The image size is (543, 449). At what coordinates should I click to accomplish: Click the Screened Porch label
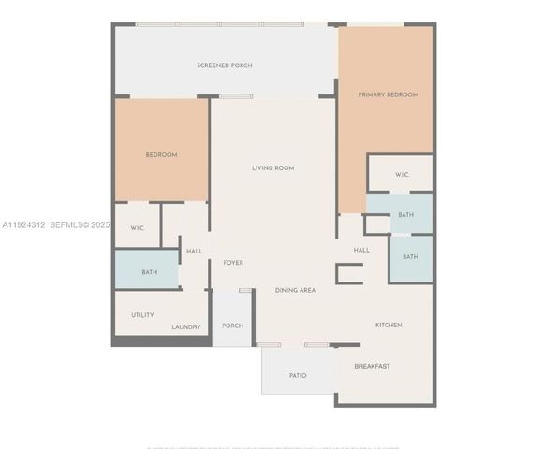[x=224, y=65]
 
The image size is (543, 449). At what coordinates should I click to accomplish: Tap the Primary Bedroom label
[x=389, y=94]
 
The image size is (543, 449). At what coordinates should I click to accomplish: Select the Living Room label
[x=272, y=168]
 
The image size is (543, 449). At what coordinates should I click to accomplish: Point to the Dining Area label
[x=295, y=291]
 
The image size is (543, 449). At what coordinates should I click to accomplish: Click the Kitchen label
[x=389, y=325]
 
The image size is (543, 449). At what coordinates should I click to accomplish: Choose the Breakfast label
[x=372, y=366]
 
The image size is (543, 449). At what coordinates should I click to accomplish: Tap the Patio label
[x=298, y=375]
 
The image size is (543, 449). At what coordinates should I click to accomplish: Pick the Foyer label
[x=233, y=263]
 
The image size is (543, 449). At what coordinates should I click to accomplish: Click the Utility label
[x=142, y=315]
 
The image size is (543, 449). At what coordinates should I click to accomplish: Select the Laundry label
[x=185, y=326]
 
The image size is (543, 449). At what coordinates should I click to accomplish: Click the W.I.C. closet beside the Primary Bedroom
[x=403, y=175]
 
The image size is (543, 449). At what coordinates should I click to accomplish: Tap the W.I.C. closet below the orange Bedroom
[x=137, y=228]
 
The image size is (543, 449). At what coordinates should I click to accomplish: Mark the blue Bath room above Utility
[x=149, y=272]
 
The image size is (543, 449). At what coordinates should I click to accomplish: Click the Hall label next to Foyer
[x=195, y=251]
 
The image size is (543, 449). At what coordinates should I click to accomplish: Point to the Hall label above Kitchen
[x=361, y=250]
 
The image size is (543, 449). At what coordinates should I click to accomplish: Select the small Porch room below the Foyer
[x=232, y=326]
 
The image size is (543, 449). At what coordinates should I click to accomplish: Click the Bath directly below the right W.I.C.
[x=405, y=215]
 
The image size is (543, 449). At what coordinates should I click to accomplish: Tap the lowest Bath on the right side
[x=410, y=257]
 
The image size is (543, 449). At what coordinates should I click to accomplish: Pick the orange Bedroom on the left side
[x=161, y=154]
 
